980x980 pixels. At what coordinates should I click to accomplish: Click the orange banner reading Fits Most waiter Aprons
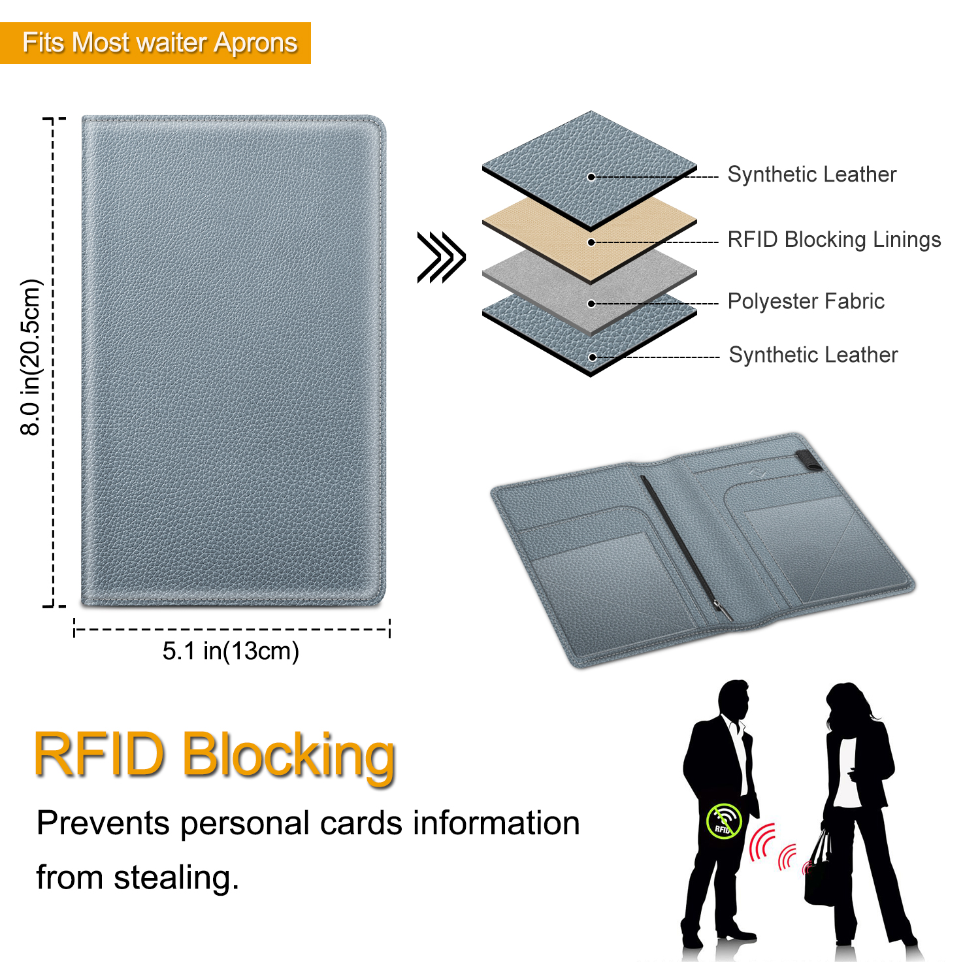155,43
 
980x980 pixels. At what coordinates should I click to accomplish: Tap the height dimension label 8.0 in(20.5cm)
31,357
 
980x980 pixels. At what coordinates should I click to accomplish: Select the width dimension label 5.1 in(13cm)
231,651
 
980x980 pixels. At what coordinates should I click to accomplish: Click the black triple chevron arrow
442,257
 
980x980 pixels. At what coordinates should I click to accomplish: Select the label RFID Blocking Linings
834,240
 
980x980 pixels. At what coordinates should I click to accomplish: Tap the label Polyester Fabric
806,301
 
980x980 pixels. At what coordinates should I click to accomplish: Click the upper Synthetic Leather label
812,174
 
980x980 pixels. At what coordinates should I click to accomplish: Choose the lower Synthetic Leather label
813,355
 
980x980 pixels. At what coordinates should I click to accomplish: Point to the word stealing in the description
176,877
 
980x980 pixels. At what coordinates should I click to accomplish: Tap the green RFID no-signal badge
724,821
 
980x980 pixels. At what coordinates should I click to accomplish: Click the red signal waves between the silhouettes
777,848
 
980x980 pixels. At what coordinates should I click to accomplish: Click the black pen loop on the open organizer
809,460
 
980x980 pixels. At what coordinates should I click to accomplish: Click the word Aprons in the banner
255,44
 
